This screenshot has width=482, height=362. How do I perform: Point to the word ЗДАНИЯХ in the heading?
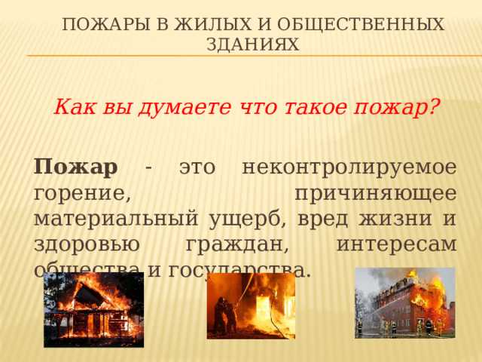252,46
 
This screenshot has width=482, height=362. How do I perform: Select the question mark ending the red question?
435,107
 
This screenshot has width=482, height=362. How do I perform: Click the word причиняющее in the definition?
374,192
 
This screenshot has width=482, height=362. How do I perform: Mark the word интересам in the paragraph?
396,244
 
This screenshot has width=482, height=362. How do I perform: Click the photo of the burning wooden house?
93,310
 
